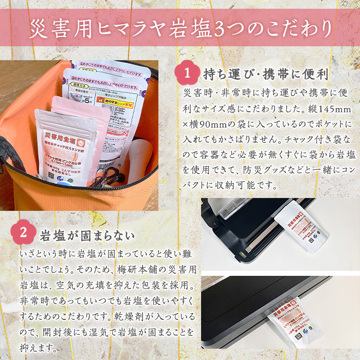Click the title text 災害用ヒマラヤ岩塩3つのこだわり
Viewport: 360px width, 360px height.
coord(180,28)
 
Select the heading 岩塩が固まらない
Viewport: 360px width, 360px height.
coord(87,235)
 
